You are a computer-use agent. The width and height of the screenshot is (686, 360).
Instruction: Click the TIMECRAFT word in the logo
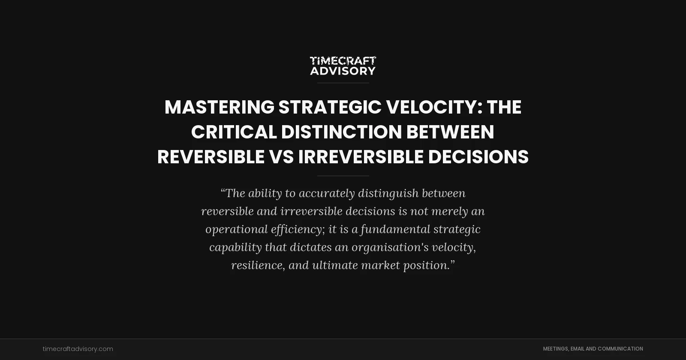(343, 61)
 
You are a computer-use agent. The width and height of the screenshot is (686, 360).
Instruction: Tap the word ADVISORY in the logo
(343, 71)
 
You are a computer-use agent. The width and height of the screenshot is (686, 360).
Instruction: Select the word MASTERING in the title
(219, 107)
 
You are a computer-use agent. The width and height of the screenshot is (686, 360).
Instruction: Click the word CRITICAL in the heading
(234, 132)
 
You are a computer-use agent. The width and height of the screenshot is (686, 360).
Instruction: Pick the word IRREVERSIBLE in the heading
(361, 157)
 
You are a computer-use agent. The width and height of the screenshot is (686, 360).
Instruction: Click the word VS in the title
(281, 157)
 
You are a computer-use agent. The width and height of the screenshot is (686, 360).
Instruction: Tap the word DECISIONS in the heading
(478, 157)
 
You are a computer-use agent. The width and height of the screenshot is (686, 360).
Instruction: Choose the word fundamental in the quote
(395, 229)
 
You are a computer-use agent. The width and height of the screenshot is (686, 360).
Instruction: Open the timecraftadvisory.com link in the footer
(78, 349)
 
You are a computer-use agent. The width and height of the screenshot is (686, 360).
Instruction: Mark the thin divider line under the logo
(343, 83)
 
